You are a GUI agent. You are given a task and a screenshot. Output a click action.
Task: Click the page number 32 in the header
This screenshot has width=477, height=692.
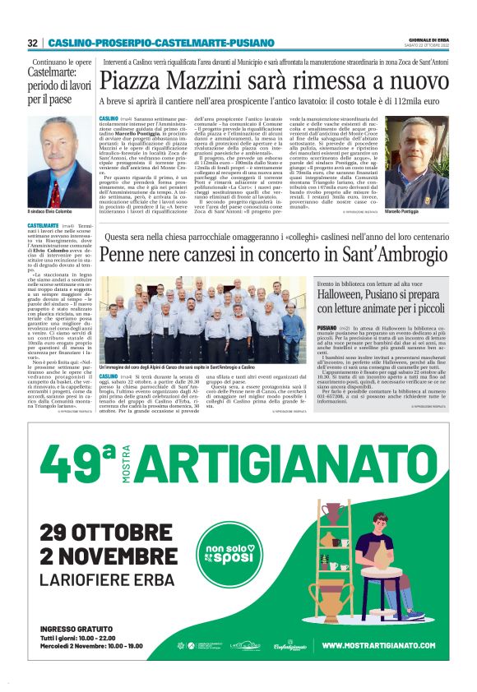(33, 43)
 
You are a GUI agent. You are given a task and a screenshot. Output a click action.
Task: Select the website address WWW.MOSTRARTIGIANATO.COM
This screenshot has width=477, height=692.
(377, 645)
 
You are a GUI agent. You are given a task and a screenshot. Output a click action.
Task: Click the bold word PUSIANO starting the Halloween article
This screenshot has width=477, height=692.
(327, 327)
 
